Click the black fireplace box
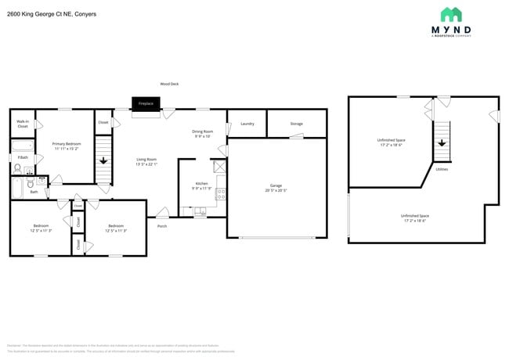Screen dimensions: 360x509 (145, 103)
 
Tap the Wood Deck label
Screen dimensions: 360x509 (169, 84)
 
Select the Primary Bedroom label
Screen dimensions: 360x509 (67, 144)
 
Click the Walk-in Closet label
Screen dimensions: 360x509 (23, 124)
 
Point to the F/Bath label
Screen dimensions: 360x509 (23, 158)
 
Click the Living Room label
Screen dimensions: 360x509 (146, 160)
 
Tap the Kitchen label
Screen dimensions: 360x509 (201, 183)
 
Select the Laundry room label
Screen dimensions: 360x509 (247, 124)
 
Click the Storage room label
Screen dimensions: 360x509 (296, 124)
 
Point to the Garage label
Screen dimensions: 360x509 (276, 185)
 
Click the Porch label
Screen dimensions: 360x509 (162, 225)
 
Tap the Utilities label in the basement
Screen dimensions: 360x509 (442, 168)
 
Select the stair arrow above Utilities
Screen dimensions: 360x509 (442, 142)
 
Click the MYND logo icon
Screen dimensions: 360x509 (450, 14)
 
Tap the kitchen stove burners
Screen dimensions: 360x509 (221, 192)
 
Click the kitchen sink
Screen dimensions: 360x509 (200, 211)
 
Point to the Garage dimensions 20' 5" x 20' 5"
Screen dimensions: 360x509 (276, 190)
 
